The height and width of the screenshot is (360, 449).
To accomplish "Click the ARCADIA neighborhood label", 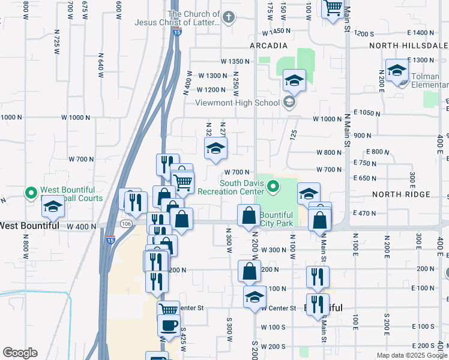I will pyautogui.click(x=269, y=46).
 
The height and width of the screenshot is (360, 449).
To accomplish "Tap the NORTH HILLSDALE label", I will pyautogui.click(x=408, y=46).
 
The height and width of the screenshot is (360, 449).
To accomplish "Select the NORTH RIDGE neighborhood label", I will pyautogui.click(x=401, y=194).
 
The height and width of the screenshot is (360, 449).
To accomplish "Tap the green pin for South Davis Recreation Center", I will pyautogui.click(x=274, y=187).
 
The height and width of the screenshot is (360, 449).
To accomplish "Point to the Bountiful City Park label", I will pyautogui.click(x=277, y=219).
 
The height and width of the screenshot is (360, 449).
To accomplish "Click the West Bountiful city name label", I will pyautogui.click(x=29, y=226).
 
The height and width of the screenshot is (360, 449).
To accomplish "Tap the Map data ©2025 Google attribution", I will pyautogui.click(x=412, y=355).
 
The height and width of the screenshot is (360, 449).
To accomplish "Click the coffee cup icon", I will pyautogui.click(x=169, y=326).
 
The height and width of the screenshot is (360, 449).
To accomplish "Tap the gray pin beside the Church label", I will pyautogui.click(x=228, y=18).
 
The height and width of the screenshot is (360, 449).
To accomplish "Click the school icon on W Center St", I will pyautogui.click(x=255, y=296).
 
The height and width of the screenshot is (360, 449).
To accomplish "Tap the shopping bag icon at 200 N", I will pyautogui.click(x=249, y=271).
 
